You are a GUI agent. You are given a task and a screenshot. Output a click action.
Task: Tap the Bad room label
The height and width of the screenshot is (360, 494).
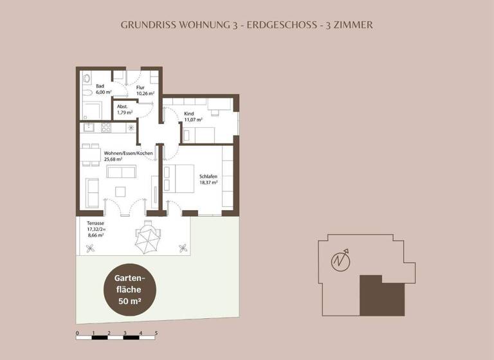(100, 86)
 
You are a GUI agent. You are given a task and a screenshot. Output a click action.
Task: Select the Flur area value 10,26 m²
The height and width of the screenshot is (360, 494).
(145, 93)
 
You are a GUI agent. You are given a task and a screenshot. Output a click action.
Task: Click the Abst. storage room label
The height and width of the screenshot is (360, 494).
(122, 106)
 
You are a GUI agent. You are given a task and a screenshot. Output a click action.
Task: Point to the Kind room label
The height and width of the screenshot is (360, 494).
(190, 113)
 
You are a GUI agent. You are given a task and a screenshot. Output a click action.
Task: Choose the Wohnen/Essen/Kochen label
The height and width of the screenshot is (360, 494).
(128, 153)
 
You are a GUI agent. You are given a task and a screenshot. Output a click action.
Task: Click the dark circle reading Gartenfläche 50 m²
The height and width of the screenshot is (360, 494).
(127, 289)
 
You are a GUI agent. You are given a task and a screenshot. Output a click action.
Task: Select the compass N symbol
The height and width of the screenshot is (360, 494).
(341, 262)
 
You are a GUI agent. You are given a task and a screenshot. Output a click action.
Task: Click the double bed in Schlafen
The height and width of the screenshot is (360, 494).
(179, 178)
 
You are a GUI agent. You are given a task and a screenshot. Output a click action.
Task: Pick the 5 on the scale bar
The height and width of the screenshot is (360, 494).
(156, 332)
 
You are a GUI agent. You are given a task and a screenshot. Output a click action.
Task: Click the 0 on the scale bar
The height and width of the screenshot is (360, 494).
(77, 332)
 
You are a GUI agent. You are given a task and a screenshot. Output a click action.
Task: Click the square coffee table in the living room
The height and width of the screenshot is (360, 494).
(120, 191)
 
